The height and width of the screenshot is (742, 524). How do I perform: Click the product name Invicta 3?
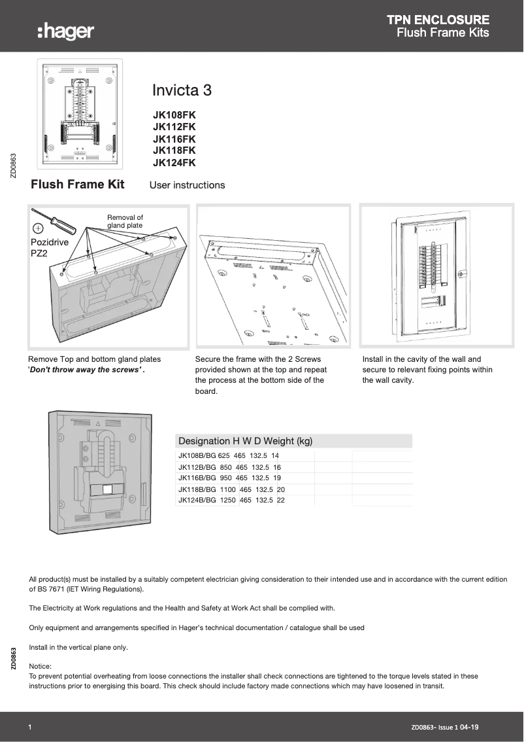pos(182,90)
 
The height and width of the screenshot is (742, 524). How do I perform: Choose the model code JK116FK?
pos(174,139)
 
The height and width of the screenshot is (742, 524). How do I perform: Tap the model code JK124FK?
pos(174,163)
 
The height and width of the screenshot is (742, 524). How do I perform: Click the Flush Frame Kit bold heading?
pos(77,185)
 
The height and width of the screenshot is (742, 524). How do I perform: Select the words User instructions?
pos(187,185)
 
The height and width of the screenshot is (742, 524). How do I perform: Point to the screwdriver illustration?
pos(56,221)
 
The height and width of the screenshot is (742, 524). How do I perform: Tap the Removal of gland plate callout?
pos(125,222)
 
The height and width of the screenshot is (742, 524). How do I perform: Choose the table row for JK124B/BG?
pos(231,500)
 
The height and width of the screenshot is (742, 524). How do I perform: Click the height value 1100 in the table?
pos(227,489)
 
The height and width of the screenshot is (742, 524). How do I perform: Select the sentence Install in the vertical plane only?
pos(78,647)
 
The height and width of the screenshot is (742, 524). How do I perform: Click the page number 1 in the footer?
pos(31,727)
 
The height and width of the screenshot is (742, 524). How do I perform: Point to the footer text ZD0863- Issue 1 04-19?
pos(449,727)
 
